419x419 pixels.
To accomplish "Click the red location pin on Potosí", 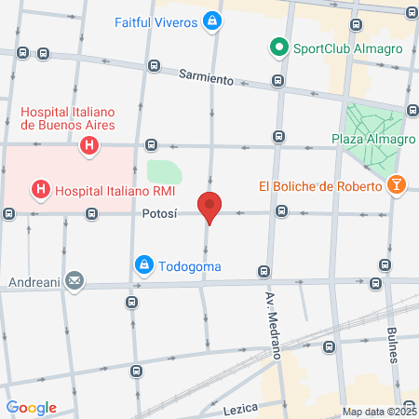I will pyautogui.click(x=209, y=206).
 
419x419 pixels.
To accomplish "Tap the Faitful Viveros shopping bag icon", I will pyautogui.click(x=213, y=20).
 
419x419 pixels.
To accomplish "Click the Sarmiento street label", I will pyautogui.click(x=206, y=78).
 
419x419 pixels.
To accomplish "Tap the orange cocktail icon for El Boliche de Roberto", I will pyautogui.click(x=397, y=184).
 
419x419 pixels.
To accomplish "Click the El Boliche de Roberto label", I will pyautogui.click(x=320, y=185).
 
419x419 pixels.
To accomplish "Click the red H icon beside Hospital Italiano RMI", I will pyautogui.click(x=42, y=191).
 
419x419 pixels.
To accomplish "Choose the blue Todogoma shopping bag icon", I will pyautogui.click(x=144, y=265).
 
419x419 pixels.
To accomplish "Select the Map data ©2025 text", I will pyautogui.click(x=379, y=412).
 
